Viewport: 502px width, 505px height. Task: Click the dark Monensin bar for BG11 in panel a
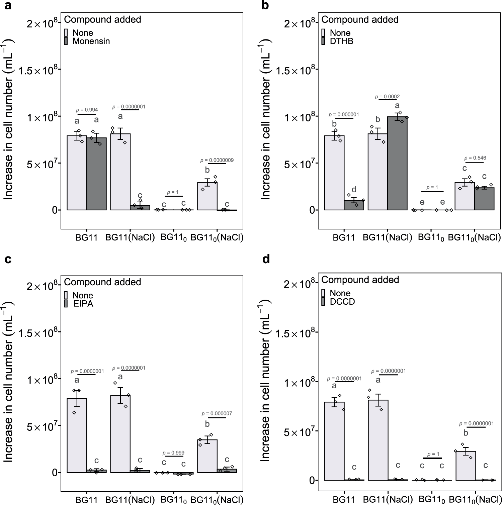(x=97, y=174)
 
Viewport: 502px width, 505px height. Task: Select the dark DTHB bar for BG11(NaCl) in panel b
(x=398, y=164)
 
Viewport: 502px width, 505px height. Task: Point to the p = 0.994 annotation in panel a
(x=87, y=110)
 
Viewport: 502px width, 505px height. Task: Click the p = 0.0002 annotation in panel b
(x=387, y=97)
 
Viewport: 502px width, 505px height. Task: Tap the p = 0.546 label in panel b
(x=475, y=158)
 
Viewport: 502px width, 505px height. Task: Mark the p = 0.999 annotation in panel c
(x=173, y=453)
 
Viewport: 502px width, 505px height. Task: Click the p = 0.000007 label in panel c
(x=217, y=413)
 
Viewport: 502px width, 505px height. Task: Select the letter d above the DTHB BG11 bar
(x=354, y=190)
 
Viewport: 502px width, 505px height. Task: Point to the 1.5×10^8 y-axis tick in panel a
(x=39, y=70)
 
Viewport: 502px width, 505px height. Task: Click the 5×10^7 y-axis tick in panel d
(x=297, y=432)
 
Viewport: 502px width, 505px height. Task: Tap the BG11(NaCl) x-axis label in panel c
(x=130, y=500)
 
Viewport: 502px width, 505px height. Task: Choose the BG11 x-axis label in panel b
(x=344, y=237)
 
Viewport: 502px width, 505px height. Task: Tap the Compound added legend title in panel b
(x=360, y=19)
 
